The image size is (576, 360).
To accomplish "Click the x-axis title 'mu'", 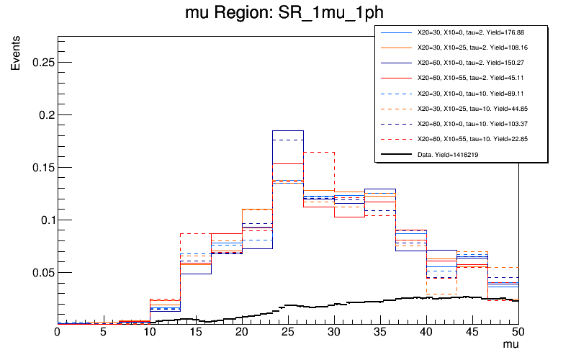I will (x=510, y=346).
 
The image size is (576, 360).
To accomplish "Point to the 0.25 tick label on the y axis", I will (x=40, y=63).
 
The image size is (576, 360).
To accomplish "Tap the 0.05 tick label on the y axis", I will (x=40, y=273).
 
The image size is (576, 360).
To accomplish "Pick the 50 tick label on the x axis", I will (x=518, y=332).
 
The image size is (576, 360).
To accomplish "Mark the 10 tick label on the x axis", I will (x=149, y=332).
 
